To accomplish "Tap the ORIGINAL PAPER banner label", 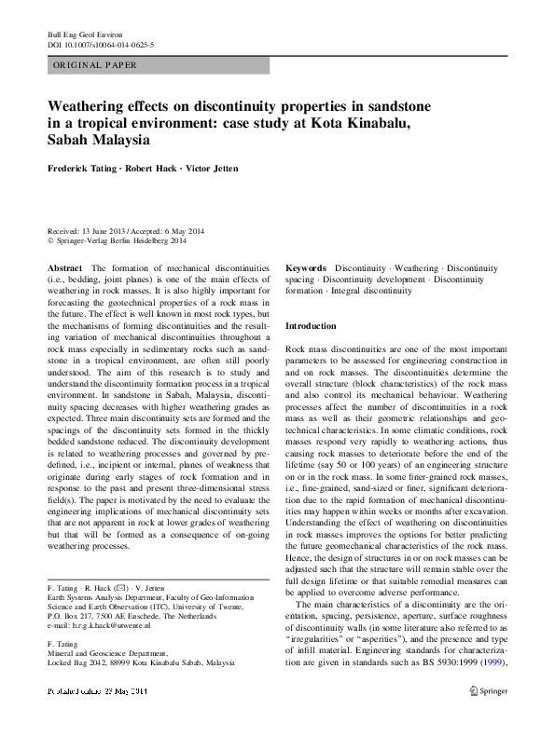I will coord(95,65).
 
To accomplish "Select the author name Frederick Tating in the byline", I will coord(86,169).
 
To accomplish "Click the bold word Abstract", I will coord(64,267).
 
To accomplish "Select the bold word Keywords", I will coord(306,267).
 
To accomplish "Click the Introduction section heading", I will coord(311,326).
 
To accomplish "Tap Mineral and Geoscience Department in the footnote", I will coord(109,653).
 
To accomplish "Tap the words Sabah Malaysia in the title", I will coord(99,140).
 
